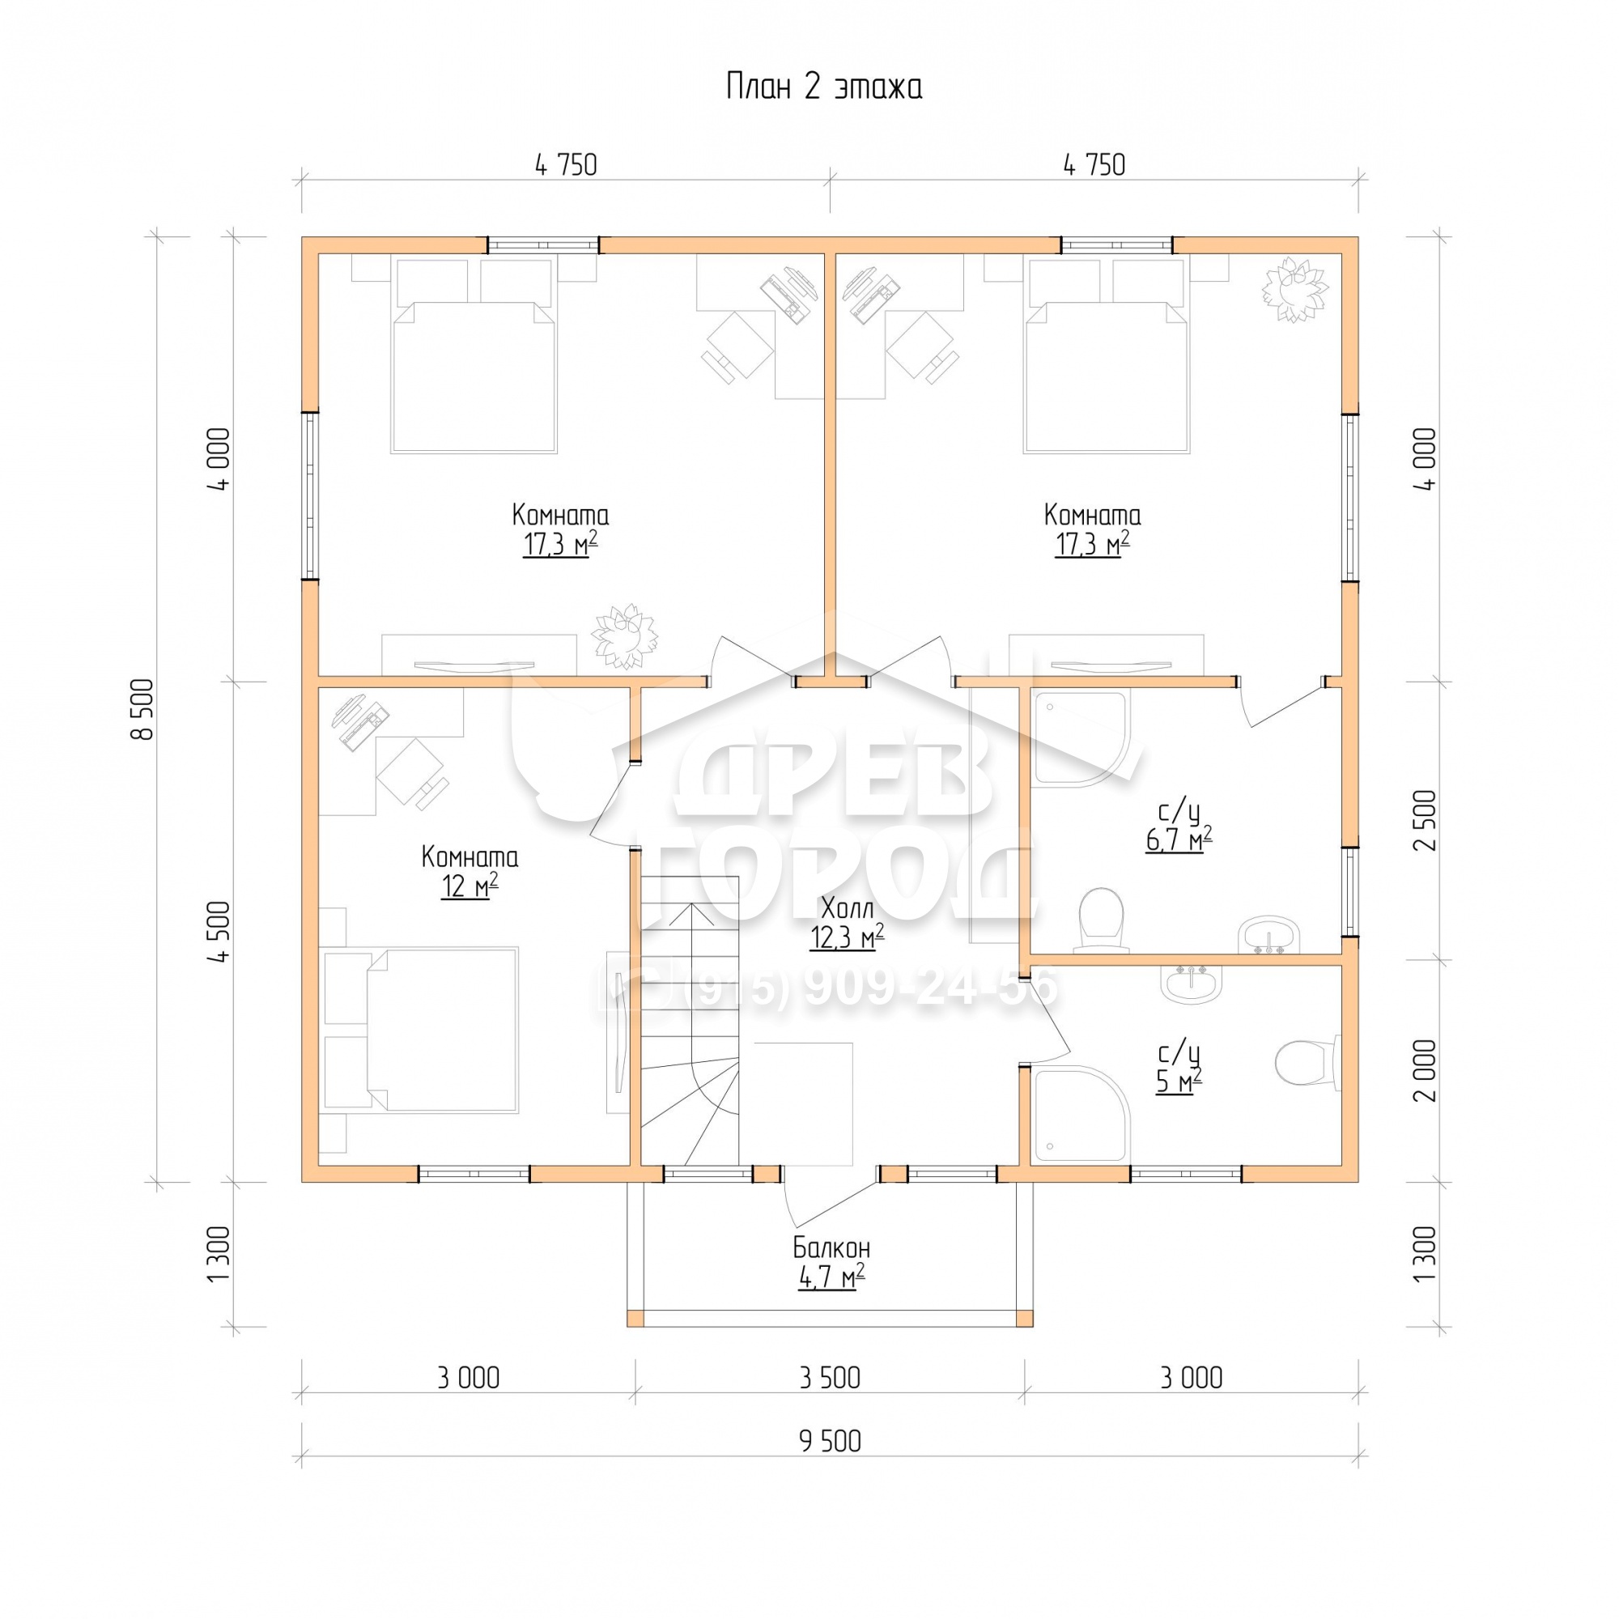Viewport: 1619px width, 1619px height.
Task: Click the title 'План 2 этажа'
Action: pos(824,87)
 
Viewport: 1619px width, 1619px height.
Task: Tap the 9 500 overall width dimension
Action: pos(830,1441)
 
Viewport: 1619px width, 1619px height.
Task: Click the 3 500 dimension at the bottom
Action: pos(830,1378)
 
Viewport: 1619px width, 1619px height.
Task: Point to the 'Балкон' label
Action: pos(831,1247)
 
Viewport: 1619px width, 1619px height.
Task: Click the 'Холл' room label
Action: pos(848,908)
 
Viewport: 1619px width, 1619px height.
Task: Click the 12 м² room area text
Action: pos(470,886)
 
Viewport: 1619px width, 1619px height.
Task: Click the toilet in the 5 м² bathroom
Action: pos(1307,1063)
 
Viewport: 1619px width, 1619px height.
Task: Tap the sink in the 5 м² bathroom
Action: pos(1192,984)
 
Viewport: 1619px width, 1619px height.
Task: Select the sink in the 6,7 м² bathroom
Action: pos(1268,934)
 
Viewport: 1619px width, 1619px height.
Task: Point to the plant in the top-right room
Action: pos(1294,289)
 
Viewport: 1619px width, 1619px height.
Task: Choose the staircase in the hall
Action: pos(690,1020)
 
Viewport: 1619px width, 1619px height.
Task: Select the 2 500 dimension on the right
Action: pos(1425,820)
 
